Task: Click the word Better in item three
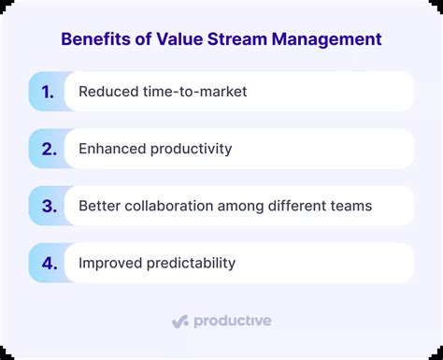coord(99,206)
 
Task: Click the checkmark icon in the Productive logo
coord(180,321)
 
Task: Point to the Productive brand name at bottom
coord(233,321)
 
